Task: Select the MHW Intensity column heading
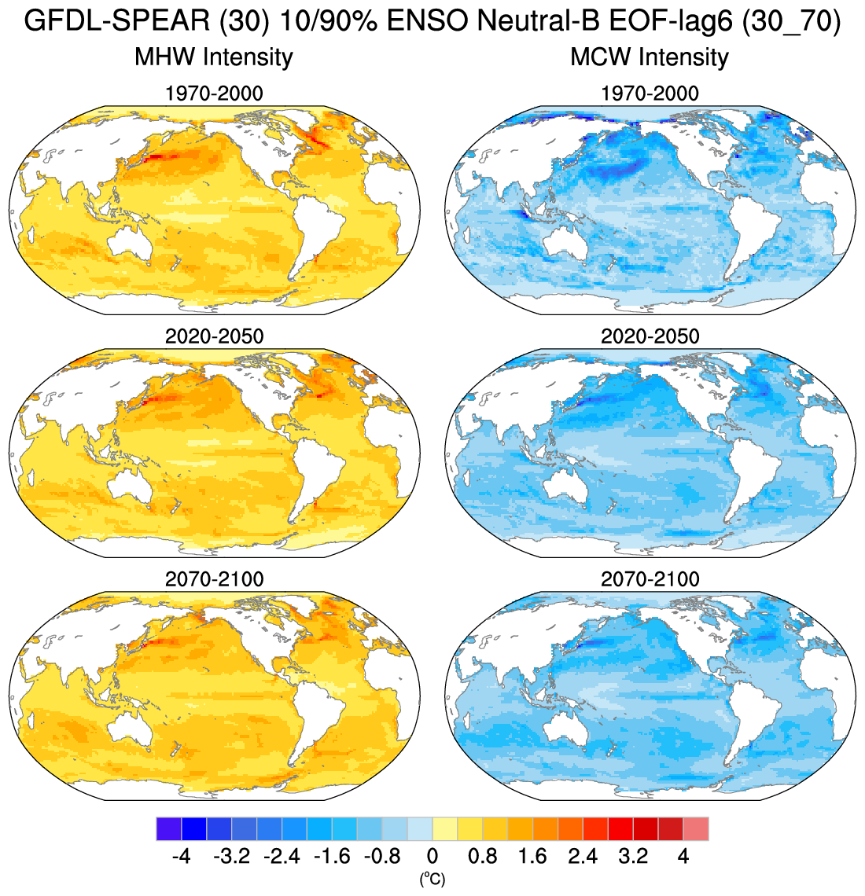pos(214,57)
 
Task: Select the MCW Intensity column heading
pos(650,57)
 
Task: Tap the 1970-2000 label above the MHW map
pos(214,94)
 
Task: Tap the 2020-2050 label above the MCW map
pos(650,336)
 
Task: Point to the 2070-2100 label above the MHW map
pos(214,579)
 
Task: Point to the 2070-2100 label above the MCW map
pos(650,579)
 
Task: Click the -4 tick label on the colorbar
pos(181,856)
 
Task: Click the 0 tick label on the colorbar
pos(432,856)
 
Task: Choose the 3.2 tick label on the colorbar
pos(633,856)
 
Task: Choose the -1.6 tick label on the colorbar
pos(332,856)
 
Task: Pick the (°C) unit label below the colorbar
pos(432,879)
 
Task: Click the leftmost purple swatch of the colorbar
pos(169,829)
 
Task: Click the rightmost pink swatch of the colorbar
pos(696,829)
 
